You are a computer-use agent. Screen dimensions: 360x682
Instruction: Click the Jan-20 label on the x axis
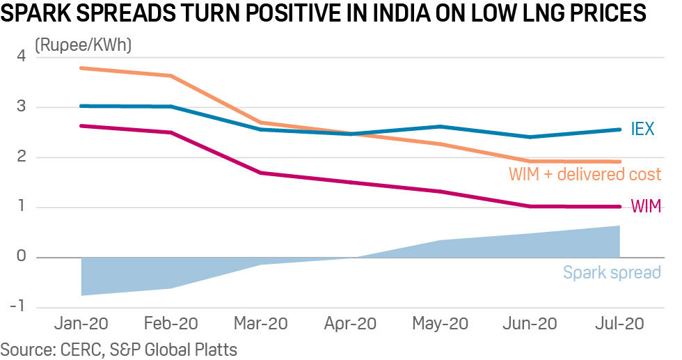[x=81, y=324]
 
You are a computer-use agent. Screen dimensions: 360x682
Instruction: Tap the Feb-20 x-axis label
[x=171, y=324]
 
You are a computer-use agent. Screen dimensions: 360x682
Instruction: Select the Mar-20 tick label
[x=261, y=324]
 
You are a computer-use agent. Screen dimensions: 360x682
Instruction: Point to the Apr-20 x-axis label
[x=351, y=324]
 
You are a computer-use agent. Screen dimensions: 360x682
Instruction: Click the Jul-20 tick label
[x=619, y=324]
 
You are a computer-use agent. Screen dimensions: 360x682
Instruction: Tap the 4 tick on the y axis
[x=20, y=56]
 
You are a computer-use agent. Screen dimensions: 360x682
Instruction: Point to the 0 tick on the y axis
[x=20, y=257]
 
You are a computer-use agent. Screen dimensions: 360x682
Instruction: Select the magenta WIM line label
[x=645, y=206]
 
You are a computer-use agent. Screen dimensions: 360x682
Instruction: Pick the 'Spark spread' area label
[x=611, y=272]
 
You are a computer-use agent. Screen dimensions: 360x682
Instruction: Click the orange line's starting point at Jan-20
[x=81, y=68]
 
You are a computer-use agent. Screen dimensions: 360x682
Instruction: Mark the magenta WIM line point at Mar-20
[x=261, y=173]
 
